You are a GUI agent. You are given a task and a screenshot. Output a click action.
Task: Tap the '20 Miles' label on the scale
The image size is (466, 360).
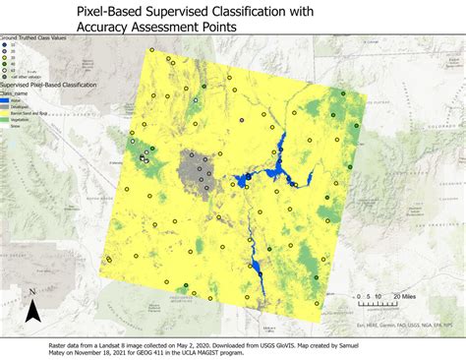403,295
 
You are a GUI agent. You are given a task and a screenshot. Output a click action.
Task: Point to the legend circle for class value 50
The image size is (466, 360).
5,71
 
